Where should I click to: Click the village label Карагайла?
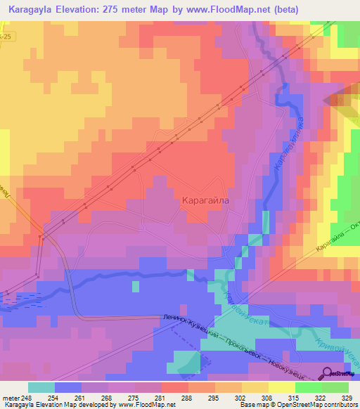coord(206,200)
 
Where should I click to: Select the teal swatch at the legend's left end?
coord(41,387)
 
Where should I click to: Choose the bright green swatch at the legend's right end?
coord(335,387)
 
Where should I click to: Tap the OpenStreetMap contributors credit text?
coord(317,405)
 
